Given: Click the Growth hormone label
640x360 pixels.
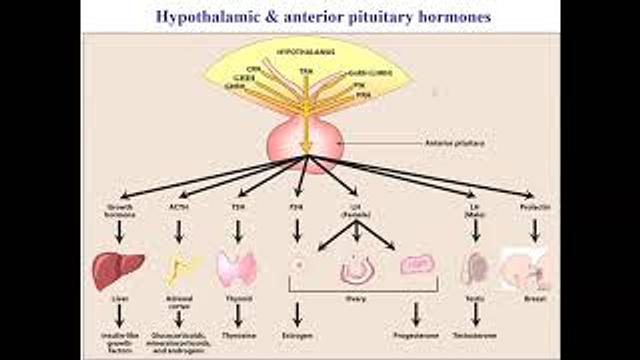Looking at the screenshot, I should [119, 210].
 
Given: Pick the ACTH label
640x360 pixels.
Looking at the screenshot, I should [179, 207].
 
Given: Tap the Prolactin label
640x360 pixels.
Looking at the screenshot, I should [535, 207].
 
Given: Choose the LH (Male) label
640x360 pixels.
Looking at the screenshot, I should [475, 210].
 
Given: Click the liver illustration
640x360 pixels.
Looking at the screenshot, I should [118, 268].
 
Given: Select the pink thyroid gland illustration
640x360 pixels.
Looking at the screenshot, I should [237, 268].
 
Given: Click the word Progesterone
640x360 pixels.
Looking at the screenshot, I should [415, 337].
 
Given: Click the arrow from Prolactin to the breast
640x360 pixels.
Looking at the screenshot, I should [535, 231].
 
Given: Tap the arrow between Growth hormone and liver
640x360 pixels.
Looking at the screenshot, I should [119, 233].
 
